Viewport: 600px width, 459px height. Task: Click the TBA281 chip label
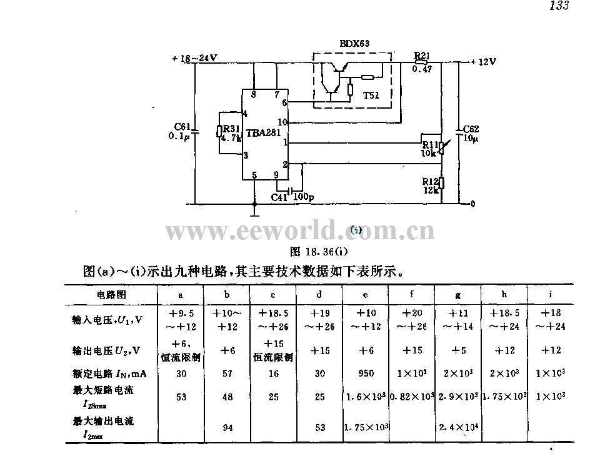[263, 133]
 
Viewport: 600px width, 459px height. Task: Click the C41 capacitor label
[279, 197]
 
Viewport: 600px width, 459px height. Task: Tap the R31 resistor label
[231, 129]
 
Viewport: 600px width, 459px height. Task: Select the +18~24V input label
[194, 58]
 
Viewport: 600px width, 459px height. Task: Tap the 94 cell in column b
[227, 427]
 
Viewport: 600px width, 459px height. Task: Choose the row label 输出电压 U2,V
[106, 350]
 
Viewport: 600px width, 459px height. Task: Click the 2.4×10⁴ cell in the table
[458, 427]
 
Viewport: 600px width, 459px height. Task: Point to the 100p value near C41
[303, 197]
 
